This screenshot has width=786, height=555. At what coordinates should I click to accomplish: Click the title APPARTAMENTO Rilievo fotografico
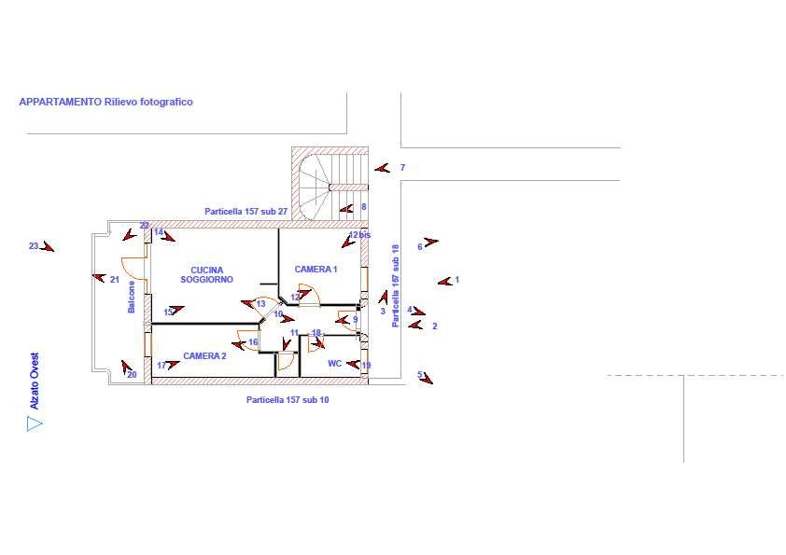coord(105,102)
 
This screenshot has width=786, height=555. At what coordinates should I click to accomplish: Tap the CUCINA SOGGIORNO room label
coord(206,274)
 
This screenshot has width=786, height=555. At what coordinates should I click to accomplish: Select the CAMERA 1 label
coord(316,269)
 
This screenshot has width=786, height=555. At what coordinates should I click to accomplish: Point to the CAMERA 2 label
coord(204,355)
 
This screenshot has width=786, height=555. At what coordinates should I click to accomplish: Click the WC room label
coord(334,363)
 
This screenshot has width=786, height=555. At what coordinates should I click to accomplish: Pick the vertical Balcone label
coord(132,297)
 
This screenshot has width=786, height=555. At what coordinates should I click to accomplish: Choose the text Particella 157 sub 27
coord(246,212)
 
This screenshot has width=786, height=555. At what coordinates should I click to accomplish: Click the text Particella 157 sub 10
coord(288,400)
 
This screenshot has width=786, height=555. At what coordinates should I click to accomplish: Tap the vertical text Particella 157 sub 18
coord(396,286)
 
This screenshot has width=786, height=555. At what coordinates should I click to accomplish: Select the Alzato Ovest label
coord(35,382)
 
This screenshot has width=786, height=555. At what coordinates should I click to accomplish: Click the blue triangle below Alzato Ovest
coord(35,424)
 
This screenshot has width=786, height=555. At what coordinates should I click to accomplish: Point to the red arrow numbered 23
coord(49,246)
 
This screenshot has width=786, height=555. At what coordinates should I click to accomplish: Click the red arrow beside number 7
coord(383,168)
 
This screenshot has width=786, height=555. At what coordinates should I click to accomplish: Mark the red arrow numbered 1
coord(444,282)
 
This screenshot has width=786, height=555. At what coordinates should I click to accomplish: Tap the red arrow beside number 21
coord(99,277)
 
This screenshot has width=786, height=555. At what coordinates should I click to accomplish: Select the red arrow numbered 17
coord(173,365)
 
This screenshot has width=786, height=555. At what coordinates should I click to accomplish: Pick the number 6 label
coord(420,246)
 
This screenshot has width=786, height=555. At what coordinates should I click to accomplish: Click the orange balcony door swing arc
coord(132,267)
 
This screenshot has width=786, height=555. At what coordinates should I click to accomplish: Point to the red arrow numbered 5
coord(427,379)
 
